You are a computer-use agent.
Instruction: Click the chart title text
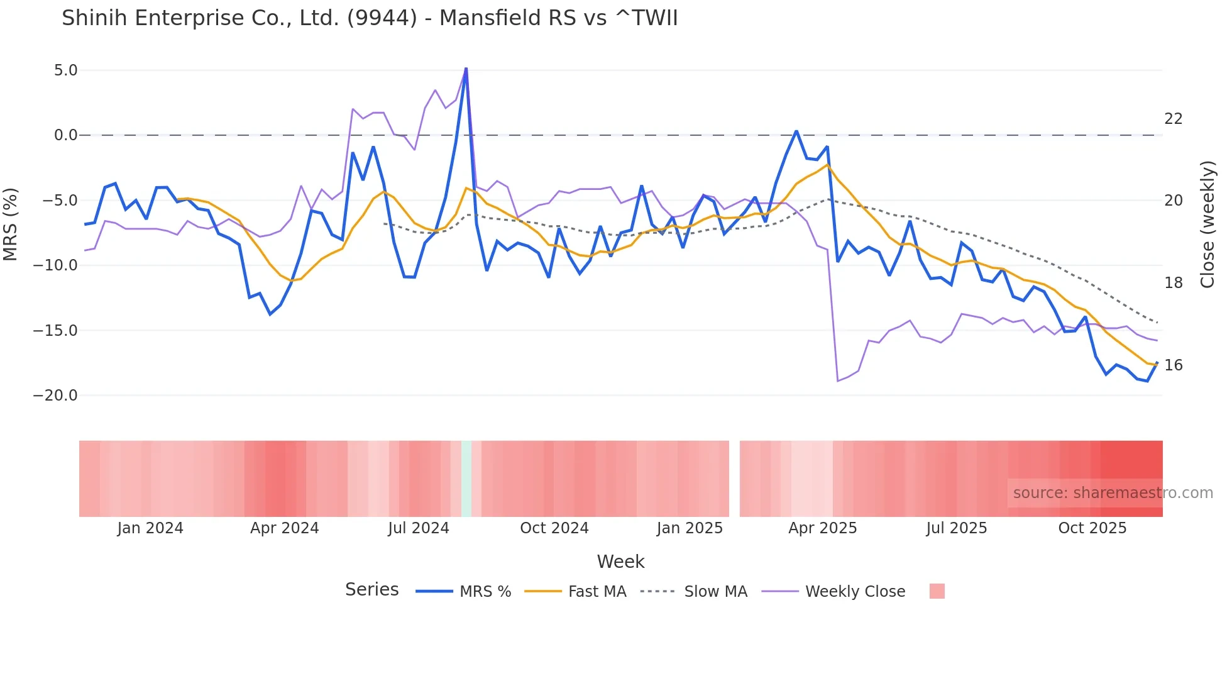(370, 18)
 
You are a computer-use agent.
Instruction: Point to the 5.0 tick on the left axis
(65, 70)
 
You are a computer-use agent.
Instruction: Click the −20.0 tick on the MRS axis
(55, 396)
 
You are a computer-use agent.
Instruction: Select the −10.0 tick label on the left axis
(55, 265)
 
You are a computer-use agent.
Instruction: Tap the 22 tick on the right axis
(1173, 119)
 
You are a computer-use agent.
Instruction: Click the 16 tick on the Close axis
(1173, 365)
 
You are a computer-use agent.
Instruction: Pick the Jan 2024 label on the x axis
(150, 528)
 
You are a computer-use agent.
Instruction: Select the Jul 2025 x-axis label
(956, 528)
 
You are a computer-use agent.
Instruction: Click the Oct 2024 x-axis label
(554, 528)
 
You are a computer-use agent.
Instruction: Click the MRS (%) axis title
(11, 225)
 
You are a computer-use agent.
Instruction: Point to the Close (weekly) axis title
(1207, 225)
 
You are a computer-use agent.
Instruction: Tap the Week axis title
(620, 562)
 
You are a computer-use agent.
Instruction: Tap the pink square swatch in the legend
(937, 591)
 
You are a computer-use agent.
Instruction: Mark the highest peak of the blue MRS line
(466, 68)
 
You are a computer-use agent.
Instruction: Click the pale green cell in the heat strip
(466, 479)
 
